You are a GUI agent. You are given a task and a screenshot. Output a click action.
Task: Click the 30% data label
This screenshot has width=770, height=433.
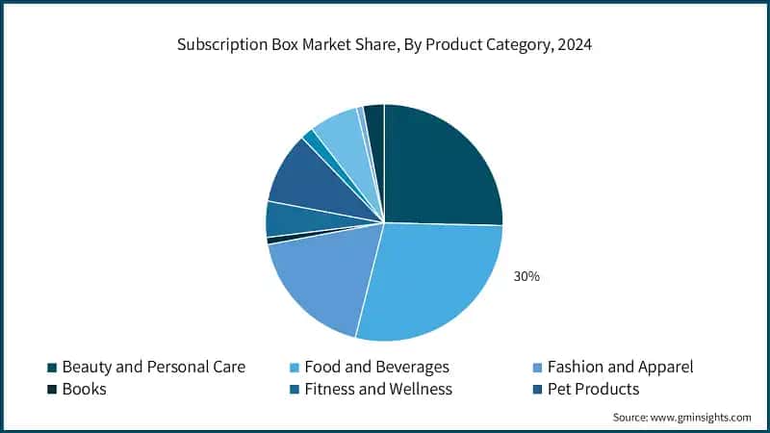526,276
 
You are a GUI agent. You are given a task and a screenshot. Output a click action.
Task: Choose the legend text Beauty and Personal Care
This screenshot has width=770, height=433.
153,367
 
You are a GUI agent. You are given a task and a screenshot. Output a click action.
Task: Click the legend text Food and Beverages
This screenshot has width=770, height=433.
376,367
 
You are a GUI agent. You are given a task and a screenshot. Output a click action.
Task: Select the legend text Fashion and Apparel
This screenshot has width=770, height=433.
620,367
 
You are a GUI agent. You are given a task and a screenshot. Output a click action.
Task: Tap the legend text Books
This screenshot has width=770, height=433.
84,390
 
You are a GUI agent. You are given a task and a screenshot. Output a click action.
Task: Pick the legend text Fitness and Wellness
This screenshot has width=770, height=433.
378,390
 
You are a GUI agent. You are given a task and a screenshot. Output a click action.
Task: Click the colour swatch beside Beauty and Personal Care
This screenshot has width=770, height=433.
51,368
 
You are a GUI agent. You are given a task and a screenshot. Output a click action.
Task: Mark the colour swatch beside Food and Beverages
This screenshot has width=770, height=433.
294,368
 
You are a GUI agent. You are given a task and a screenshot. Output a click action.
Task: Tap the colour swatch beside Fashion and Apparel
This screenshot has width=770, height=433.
536,368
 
